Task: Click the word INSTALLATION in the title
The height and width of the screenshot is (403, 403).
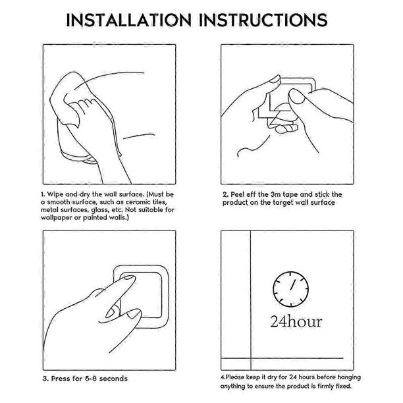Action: pyautogui.click(x=129, y=20)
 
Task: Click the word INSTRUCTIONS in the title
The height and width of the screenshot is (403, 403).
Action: pyautogui.click(x=263, y=20)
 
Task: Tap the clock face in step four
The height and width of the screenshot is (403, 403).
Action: pyautogui.click(x=290, y=289)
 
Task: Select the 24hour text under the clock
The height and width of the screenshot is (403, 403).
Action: pyautogui.click(x=296, y=321)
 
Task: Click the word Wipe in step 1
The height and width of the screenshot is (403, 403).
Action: pyautogui.click(x=55, y=194)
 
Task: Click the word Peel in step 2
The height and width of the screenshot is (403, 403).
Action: pyautogui.click(x=236, y=194)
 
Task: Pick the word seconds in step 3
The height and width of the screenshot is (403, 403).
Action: pyautogui.click(x=113, y=379)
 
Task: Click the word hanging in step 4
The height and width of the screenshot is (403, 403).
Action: pyautogui.click(x=349, y=377)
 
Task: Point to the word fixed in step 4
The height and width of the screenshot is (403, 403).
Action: pyautogui.click(x=343, y=386)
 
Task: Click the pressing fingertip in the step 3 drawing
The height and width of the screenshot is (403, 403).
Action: pyautogui.click(x=128, y=279)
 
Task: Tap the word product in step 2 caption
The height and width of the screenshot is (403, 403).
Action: pyautogui.click(x=234, y=203)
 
